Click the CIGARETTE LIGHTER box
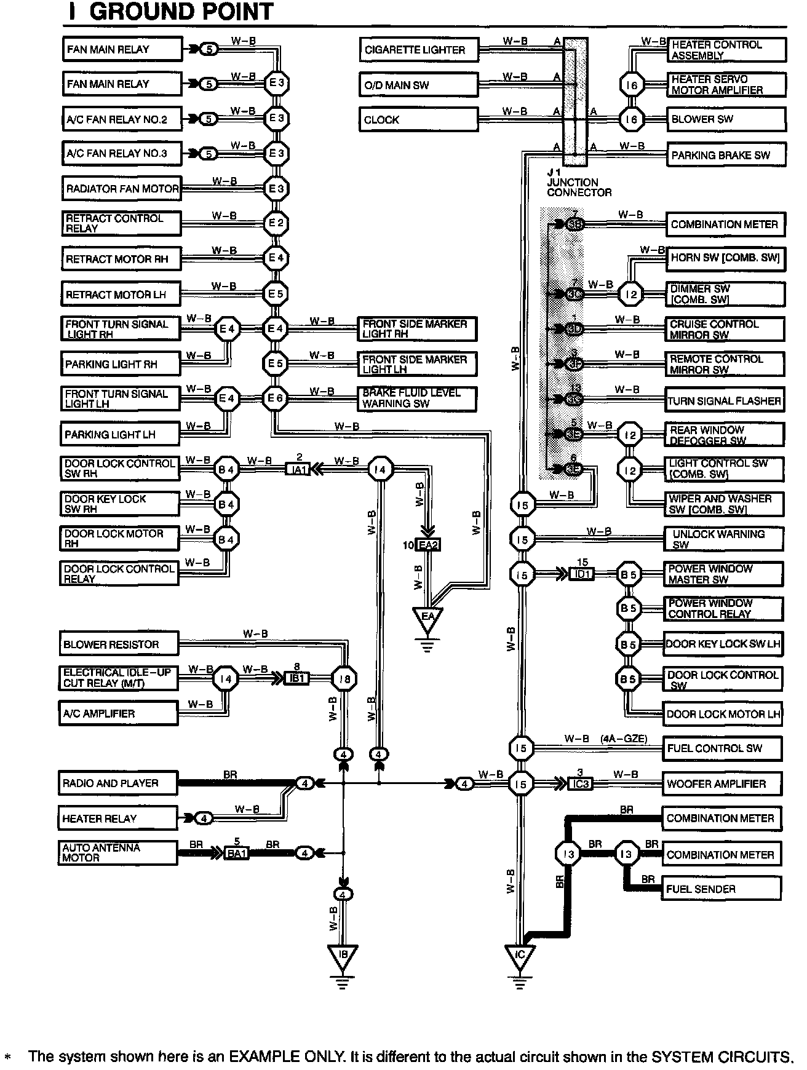pos(418,50)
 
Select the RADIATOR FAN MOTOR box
pos(122,189)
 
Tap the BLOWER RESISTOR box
pos(119,644)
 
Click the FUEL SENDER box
pos(722,889)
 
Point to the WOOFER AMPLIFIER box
pos(722,784)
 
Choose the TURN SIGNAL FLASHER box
pos(724,401)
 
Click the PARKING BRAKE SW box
pos(726,155)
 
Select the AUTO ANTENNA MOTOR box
pos(118,853)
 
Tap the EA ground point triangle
pos(427,619)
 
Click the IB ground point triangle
pos(343,956)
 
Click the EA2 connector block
pos(428,545)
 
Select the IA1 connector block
pos(299,470)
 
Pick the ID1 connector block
pos(581,574)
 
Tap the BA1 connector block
pos(236,853)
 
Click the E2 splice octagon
pos(276,223)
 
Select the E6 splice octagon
pos(276,398)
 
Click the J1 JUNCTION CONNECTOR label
pos(579,183)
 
